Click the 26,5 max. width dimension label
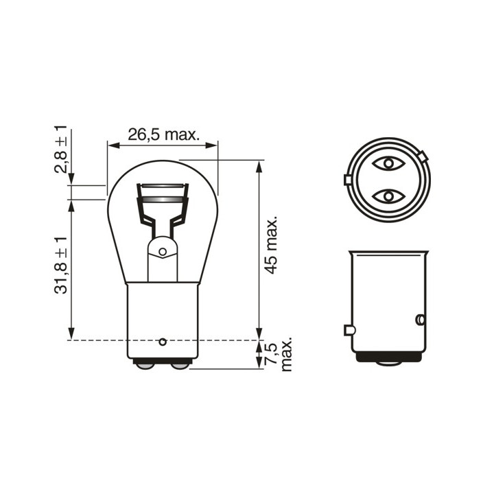[163, 135]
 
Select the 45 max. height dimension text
[271, 245]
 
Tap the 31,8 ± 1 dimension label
[60, 266]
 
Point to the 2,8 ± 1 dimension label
[60, 149]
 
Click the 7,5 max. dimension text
[278, 356]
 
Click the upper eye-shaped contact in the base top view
[388, 163]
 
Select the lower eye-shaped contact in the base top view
[388, 197]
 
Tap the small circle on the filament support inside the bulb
[163, 252]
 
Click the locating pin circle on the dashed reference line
[163, 342]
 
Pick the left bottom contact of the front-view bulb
[145, 366]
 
